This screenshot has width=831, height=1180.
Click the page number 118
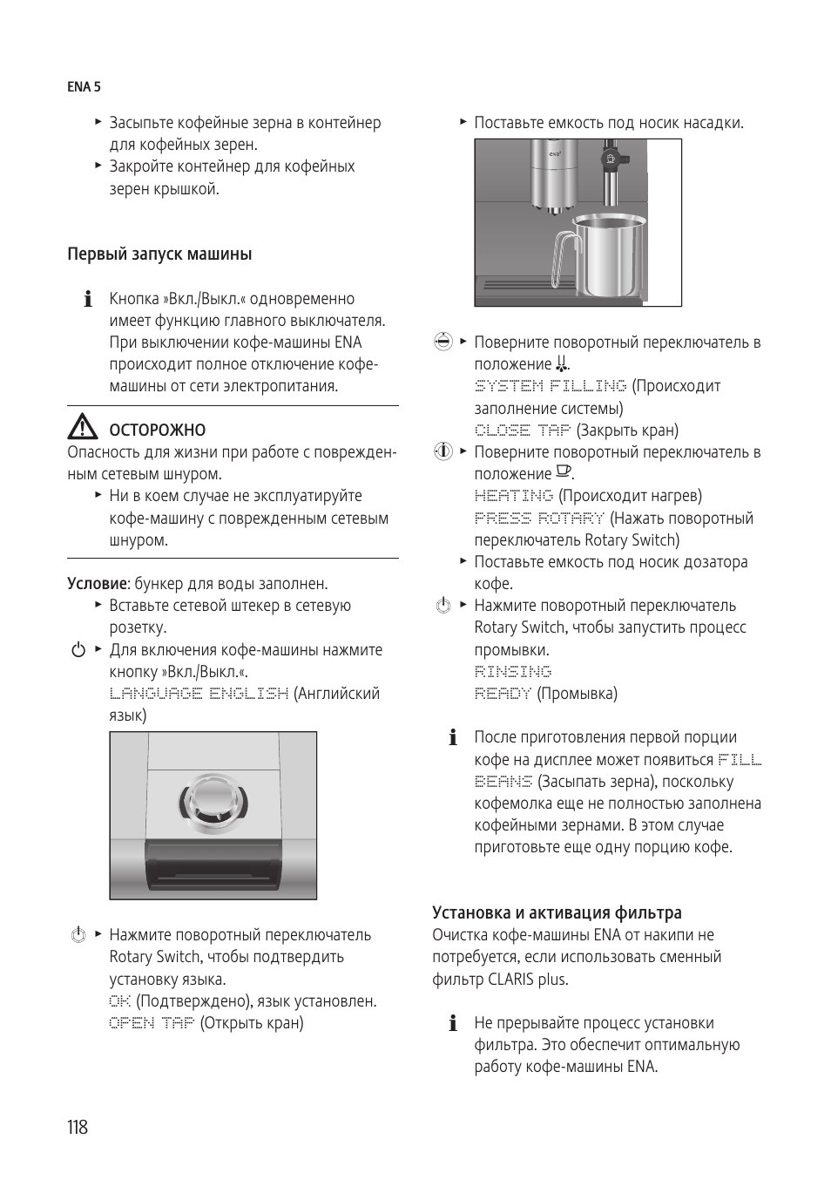click(x=78, y=1127)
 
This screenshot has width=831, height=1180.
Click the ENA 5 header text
click(x=84, y=87)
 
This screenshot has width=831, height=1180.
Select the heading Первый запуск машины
click(x=159, y=254)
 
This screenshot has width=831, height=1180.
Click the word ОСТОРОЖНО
click(x=158, y=431)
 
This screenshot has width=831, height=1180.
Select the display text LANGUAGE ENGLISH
click(x=199, y=694)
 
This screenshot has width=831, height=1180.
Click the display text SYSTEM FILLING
click(x=550, y=386)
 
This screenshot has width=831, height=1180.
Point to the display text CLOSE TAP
click(x=523, y=431)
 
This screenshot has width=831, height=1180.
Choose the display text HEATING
click(x=514, y=496)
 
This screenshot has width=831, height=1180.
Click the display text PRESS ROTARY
click(x=539, y=519)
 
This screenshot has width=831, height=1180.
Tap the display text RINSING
click(x=513, y=672)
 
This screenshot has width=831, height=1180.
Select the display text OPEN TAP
click(x=152, y=1023)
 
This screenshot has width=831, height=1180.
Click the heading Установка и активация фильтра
click(x=557, y=913)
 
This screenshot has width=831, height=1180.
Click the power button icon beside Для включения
click(x=78, y=650)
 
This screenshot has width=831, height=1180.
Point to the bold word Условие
click(x=98, y=584)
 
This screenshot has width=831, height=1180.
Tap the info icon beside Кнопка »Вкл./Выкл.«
click(x=87, y=300)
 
